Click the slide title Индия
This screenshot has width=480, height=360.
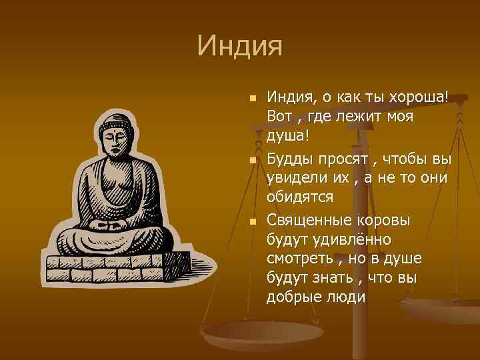click(240, 47)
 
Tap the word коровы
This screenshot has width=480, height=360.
click(386, 220)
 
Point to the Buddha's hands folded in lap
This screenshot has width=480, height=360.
click(112, 225)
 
